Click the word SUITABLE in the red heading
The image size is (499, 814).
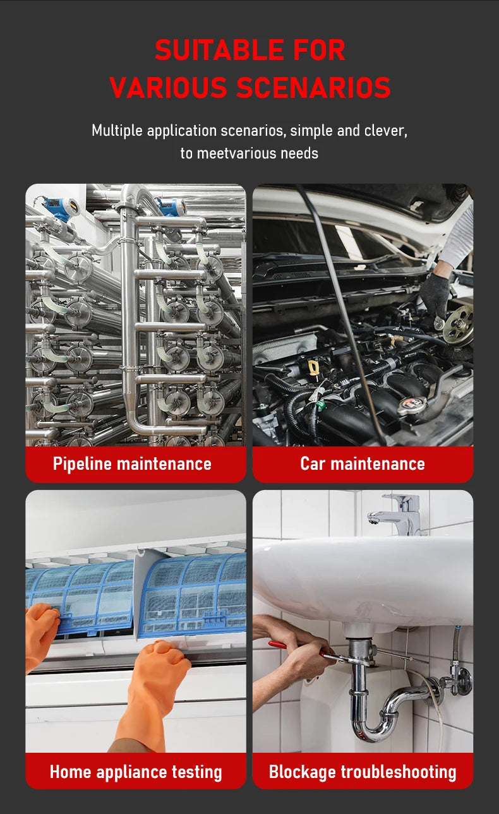pos(219,50)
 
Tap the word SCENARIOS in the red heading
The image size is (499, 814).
pos(314,88)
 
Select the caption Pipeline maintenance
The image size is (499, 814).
pos(132,464)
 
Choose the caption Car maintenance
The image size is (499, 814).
pos(363,464)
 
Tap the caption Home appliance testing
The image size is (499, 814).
pos(136,772)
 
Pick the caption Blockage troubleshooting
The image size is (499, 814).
pos(363,772)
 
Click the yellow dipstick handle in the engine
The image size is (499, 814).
pos(313,367)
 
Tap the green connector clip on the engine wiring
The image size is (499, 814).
pos(320,404)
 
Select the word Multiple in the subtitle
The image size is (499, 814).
pos(117,131)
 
